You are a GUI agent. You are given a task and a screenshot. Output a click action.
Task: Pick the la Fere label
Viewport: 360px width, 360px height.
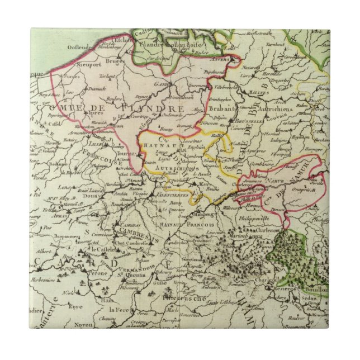tap(120, 309)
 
